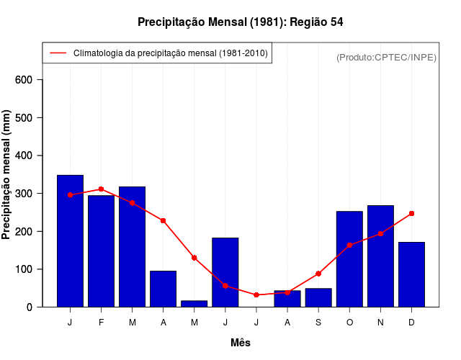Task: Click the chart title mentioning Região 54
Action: click(x=240, y=22)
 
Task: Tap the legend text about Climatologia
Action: click(x=170, y=53)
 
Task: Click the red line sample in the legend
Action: click(x=58, y=53)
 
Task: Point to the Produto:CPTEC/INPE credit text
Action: click(x=386, y=57)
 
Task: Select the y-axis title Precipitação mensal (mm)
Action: click(x=7, y=175)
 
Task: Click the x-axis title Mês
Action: click(x=241, y=343)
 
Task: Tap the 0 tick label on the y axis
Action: click(x=30, y=307)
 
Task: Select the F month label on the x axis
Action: click(x=102, y=323)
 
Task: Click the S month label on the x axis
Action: click(x=318, y=323)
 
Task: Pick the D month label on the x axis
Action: click(x=411, y=323)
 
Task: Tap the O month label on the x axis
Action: click(x=349, y=323)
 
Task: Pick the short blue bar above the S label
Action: click(x=318, y=298)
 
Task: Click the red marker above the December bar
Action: click(x=411, y=213)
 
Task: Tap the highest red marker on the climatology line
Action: click(x=102, y=189)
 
